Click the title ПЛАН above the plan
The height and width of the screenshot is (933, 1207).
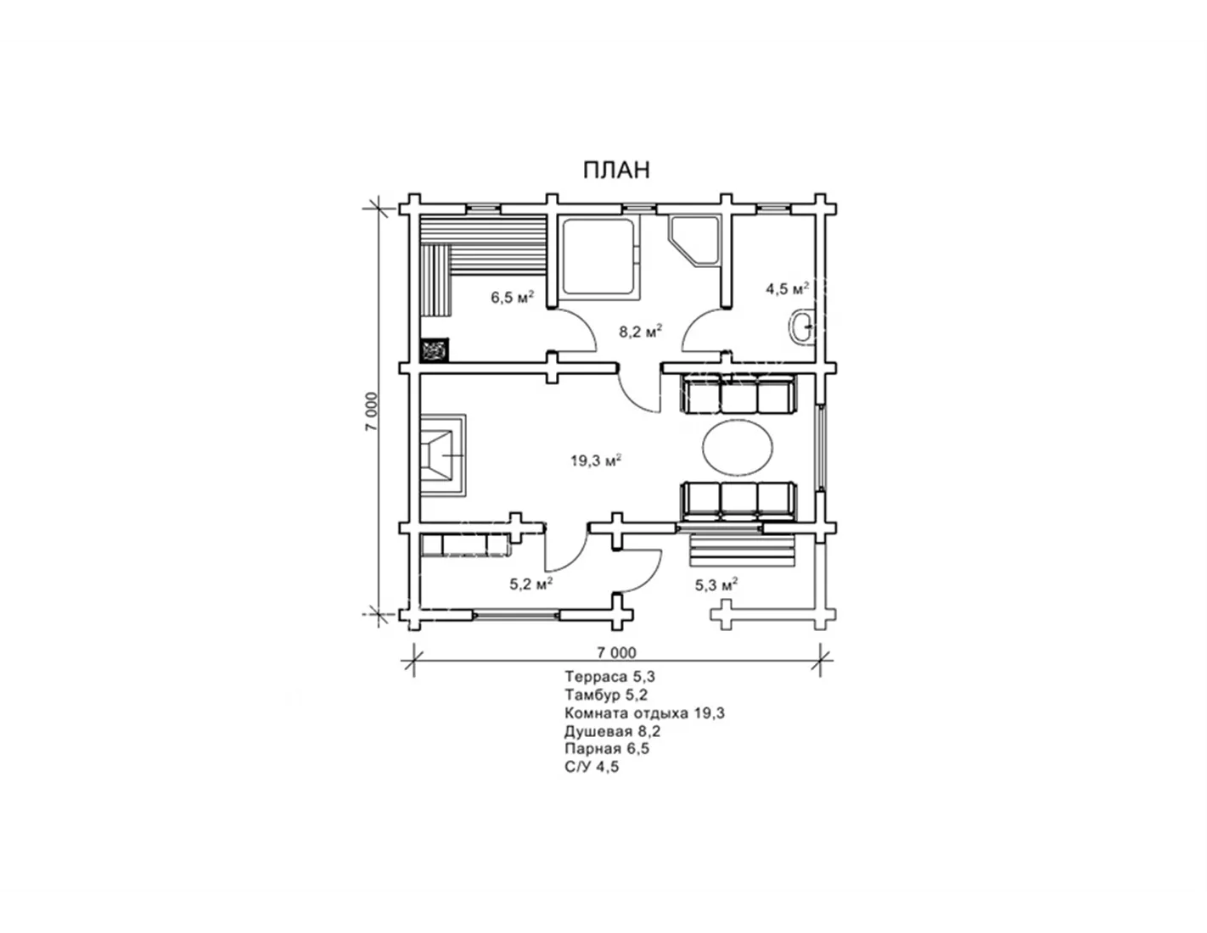coord(616,170)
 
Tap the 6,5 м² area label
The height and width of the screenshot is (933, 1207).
coord(512,297)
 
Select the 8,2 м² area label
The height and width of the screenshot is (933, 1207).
coord(641,332)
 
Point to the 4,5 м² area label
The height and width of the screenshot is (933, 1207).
coord(788,288)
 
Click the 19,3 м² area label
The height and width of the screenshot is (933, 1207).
coord(596,460)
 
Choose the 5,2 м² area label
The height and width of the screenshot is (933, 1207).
coord(531,584)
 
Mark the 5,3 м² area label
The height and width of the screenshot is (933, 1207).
coord(716,584)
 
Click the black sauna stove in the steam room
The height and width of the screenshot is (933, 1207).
coord(435,350)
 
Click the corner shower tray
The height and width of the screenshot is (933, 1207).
coord(694,243)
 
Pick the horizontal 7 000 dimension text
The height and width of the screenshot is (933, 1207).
coord(616,653)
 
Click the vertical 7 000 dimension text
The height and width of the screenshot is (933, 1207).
coord(372,411)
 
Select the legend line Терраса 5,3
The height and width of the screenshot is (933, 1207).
coord(610,676)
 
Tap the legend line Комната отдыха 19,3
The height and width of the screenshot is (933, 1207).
coord(645,712)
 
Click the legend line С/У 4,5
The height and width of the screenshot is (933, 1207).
coord(592,767)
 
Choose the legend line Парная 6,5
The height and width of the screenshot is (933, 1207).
coord(607,749)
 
